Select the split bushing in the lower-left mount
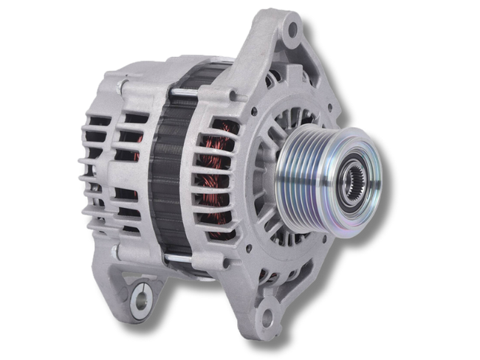[x=140, y=300]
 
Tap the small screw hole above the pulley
[x=254, y=112]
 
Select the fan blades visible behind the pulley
[x=281, y=125]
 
